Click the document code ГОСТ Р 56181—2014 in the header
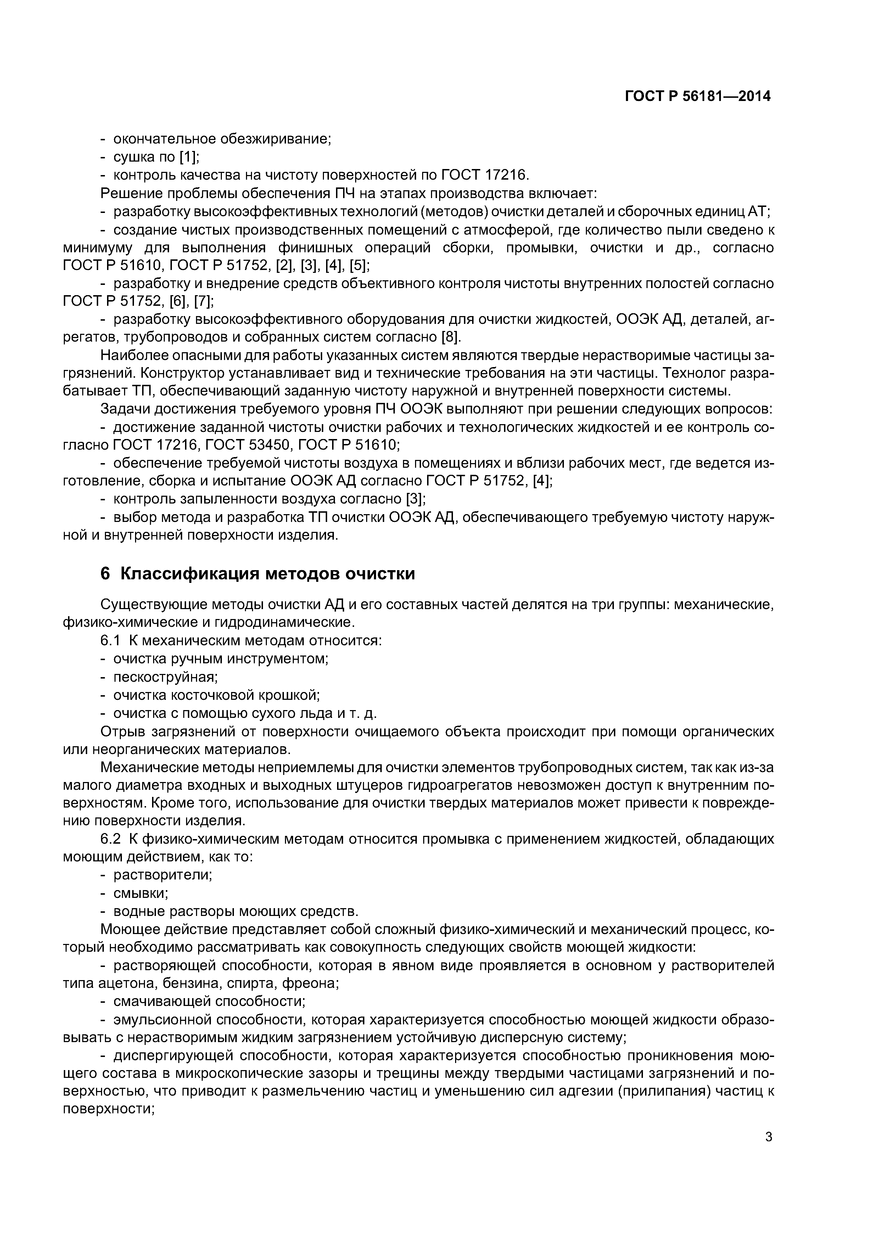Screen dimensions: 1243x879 coord(698,96)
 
